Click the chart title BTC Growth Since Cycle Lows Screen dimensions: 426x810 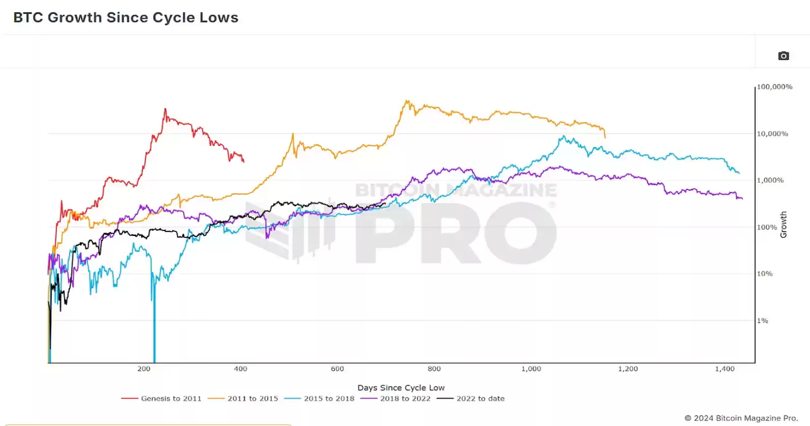click(125, 17)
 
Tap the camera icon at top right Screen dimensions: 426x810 click(784, 56)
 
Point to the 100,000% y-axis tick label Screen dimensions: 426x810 click(774, 87)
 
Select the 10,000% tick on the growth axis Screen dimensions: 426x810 click(772, 134)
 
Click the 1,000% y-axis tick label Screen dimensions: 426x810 click(770, 180)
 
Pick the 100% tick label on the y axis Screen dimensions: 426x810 click(767, 227)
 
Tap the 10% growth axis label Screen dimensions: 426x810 click(765, 274)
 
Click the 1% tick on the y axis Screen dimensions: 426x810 click(763, 321)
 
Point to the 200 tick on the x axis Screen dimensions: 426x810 click(144, 369)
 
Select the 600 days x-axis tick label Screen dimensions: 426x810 click(337, 369)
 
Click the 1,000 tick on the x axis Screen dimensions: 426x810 click(531, 369)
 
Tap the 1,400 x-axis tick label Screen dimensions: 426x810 click(725, 369)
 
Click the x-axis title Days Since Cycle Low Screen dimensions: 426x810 click(401, 387)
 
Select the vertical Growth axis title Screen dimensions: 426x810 click(784, 224)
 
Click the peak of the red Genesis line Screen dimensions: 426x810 click(165, 109)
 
